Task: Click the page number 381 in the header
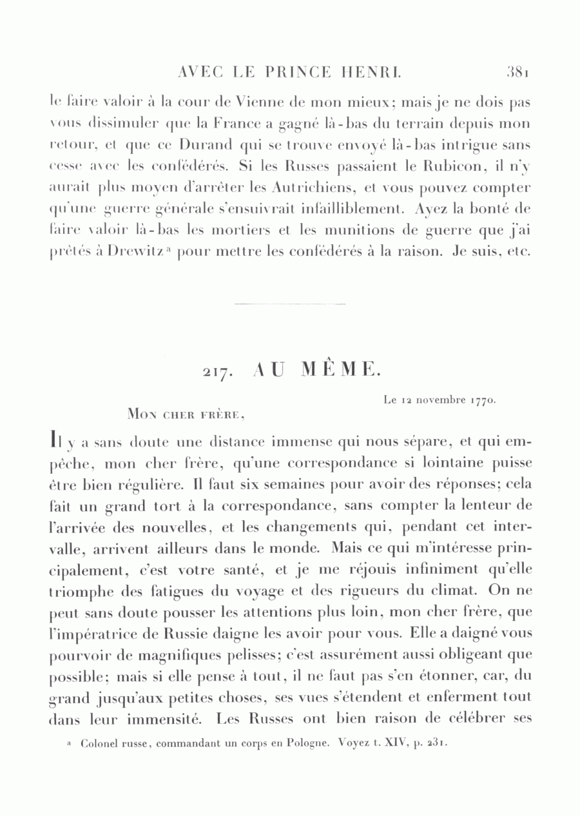(x=517, y=72)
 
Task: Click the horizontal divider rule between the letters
(x=289, y=304)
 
